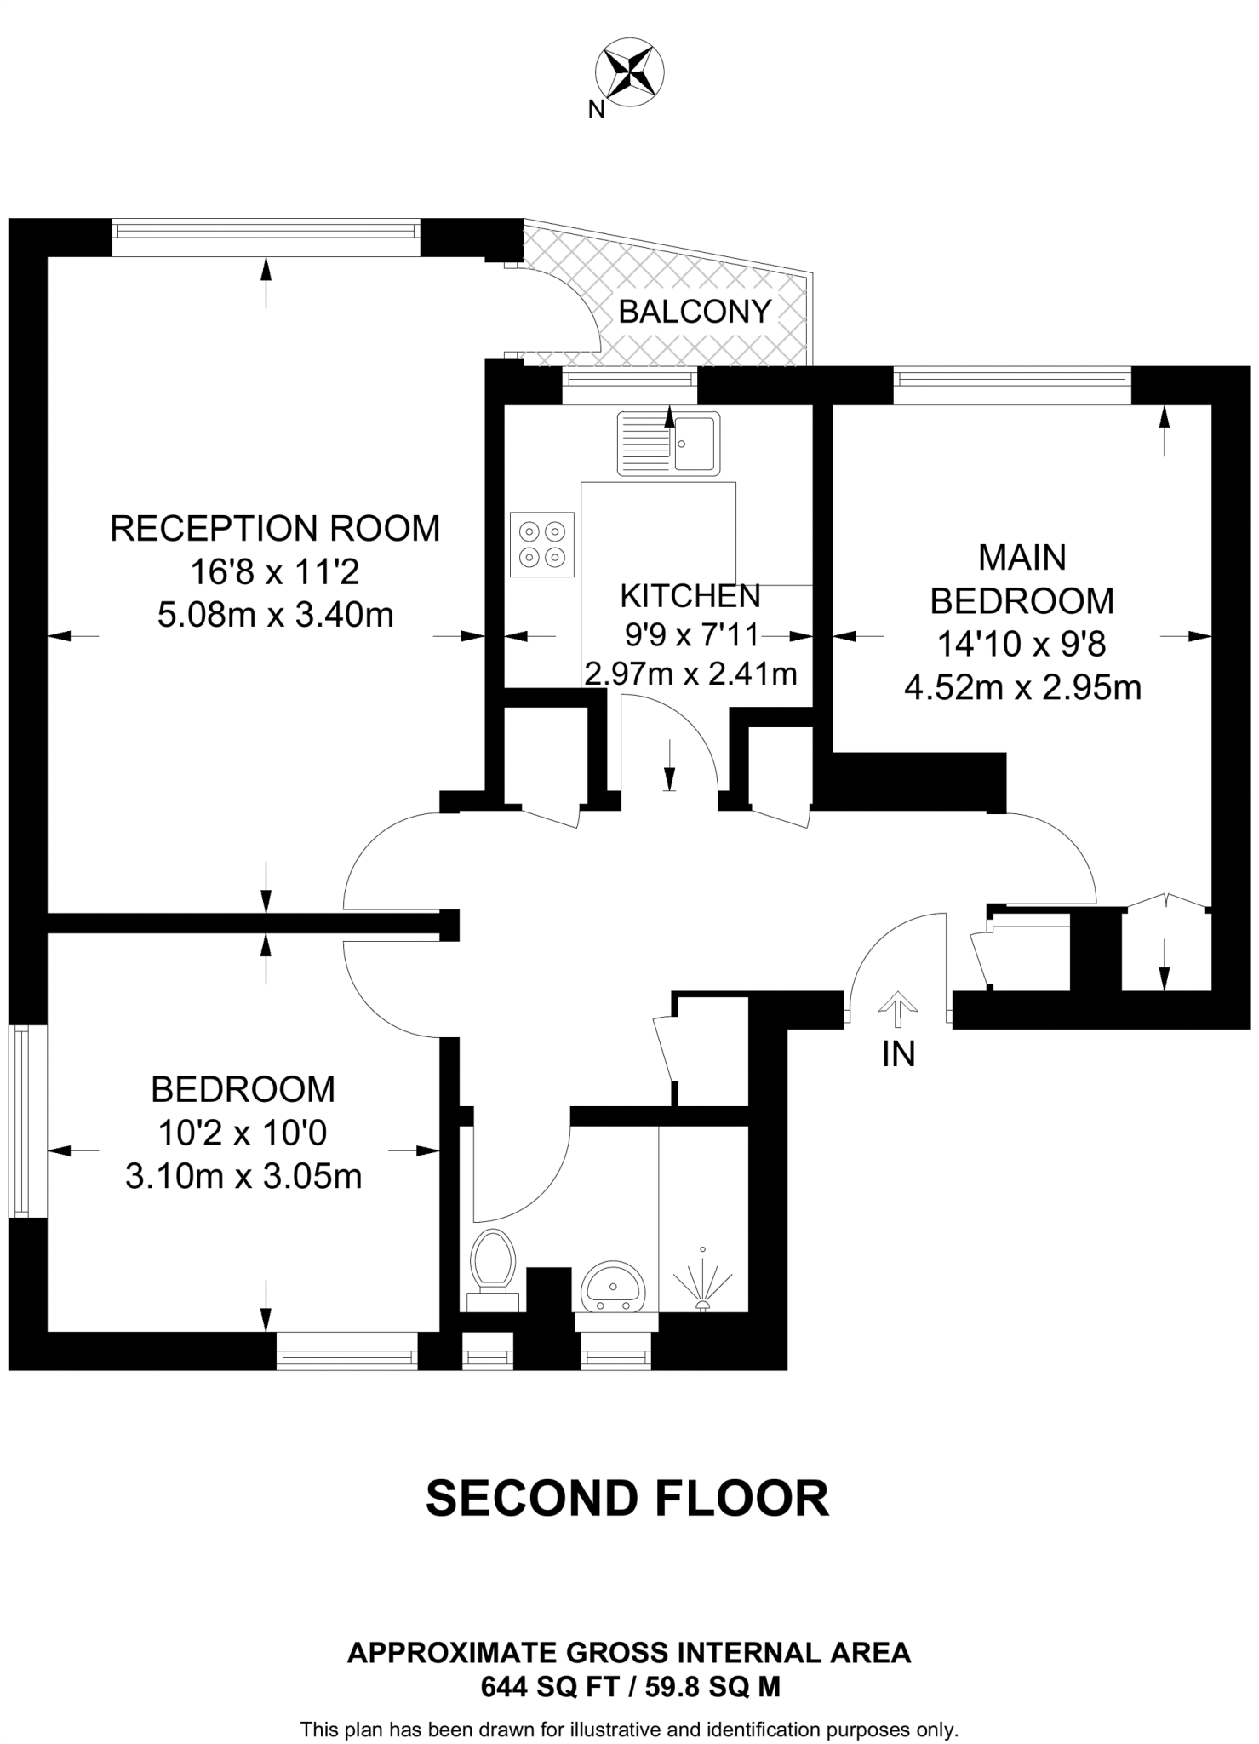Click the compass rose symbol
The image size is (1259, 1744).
[630, 70]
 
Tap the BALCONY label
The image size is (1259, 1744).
[695, 312]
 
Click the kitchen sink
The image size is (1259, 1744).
[669, 442]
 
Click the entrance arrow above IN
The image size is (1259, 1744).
[896, 1007]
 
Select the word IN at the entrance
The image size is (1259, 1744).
[898, 1055]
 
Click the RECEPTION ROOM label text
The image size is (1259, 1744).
[275, 529]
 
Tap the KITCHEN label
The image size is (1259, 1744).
[690, 596]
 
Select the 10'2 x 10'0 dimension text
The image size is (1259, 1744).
[243, 1133]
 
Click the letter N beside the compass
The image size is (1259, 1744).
[596, 109]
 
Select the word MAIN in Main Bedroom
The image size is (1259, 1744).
[1022, 558]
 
